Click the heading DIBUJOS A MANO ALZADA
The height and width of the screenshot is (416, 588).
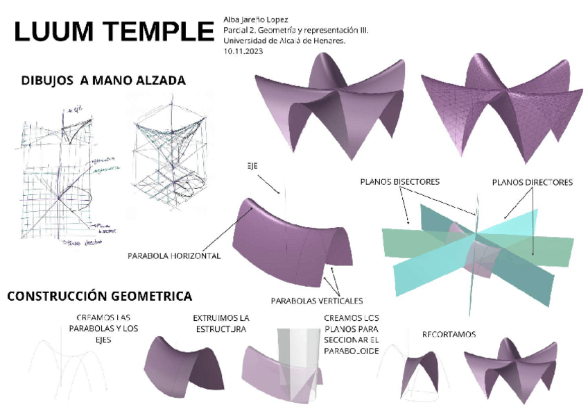(104, 81)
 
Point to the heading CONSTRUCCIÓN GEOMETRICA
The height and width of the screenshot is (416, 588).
(100, 297)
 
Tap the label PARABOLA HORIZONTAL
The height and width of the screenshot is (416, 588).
(174, 256)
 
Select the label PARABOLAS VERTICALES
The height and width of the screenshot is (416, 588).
(317, 301)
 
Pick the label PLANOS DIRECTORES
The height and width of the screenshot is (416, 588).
(533, 183)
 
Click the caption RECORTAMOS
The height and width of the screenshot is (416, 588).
(449, 334)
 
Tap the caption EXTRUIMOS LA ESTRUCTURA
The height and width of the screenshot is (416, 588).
(220, 324)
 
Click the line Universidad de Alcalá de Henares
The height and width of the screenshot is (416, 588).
(284, 41)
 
